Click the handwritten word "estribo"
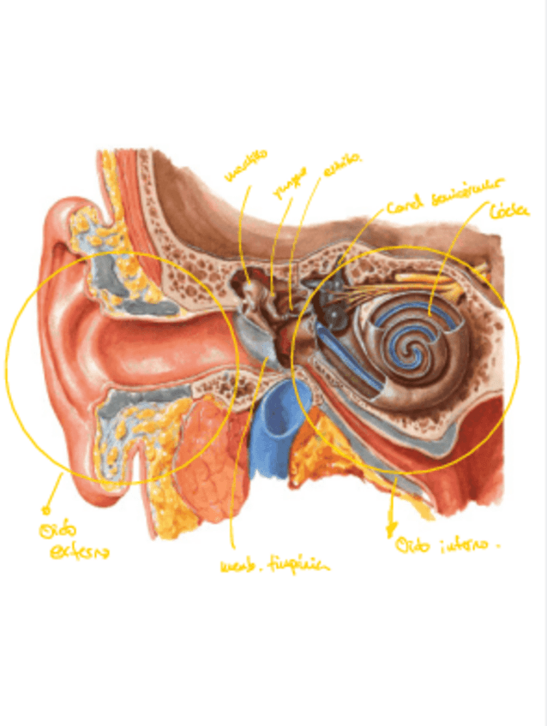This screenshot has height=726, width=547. tap(342, 165)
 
